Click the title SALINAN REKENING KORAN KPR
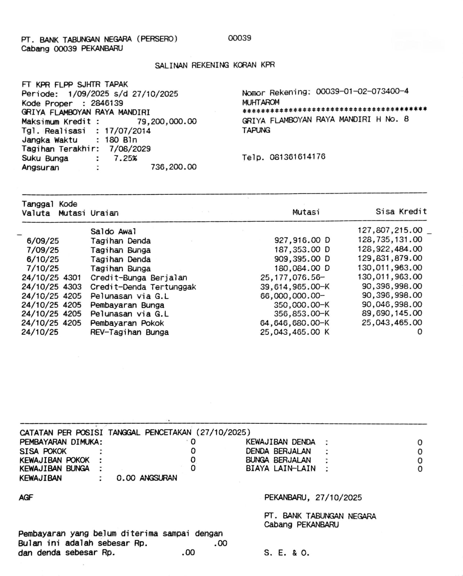coord(215,65)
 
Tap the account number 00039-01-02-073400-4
coord(362,91)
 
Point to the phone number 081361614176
coord(297,157)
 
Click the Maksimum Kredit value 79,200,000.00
coord(167,121)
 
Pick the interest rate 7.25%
coord(125,158)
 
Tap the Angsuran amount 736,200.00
coord(174,167)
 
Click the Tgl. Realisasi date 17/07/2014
coord(127,131)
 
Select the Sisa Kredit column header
coord(401,212)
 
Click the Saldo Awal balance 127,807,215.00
coord(390,230)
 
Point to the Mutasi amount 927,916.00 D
coord(302,240)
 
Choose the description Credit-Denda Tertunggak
coord(143,287)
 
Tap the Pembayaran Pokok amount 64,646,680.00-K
coord(295,323)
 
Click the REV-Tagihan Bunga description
coord(129,332)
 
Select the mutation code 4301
coord(72,278)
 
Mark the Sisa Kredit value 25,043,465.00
coord(392,323)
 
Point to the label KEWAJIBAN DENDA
coord(280,442)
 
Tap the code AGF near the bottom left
coord(26,498)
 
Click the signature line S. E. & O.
coord(287,553)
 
